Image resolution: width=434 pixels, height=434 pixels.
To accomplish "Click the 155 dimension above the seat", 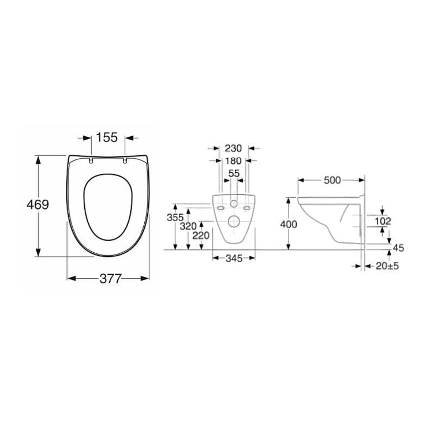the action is click(107, 137).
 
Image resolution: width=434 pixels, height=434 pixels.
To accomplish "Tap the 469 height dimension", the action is click(38, 205).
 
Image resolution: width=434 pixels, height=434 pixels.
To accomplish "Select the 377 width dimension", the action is click(110, 278).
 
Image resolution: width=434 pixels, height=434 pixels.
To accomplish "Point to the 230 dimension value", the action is click(233, 149).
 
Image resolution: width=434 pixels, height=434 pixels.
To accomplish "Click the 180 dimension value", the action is click(233, 161).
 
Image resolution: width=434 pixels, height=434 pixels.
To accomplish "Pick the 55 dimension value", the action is click(234, 174).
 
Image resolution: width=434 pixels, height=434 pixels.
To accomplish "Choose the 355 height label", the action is click(175, 218).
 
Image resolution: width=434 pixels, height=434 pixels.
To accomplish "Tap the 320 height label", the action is click(188, 226).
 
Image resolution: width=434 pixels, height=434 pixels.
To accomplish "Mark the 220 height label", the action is click(201, 236).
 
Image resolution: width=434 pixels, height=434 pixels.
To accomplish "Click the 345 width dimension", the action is click(234, 259).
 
